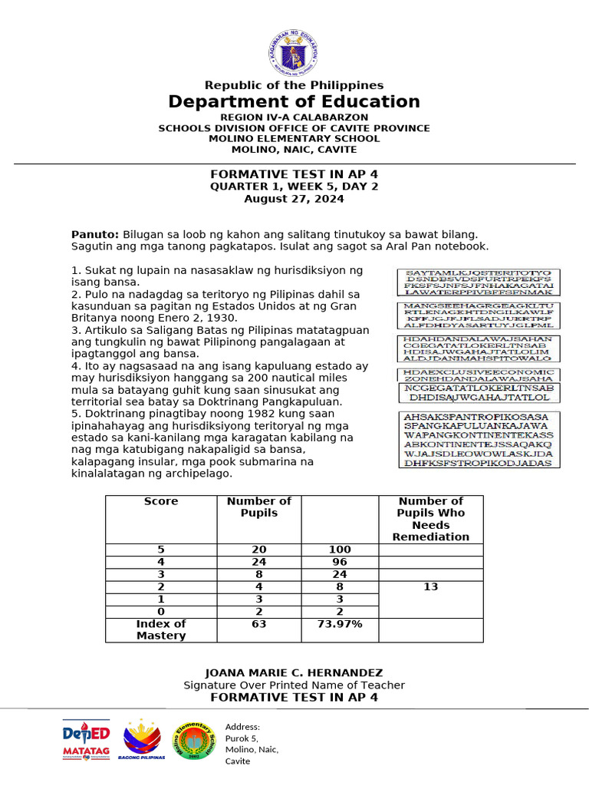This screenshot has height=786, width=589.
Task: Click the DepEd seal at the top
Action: point(294,52)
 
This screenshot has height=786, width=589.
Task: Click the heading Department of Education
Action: point(294,102)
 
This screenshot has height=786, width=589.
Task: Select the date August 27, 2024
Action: point(294,199)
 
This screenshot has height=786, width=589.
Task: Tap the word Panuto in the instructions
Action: point(94,233)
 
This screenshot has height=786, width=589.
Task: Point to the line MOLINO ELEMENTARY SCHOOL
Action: point(294,139)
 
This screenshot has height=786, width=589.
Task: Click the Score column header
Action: point(161,501)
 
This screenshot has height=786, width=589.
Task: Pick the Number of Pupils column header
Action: point(259,507)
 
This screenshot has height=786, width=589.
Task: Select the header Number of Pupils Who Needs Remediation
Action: point(430,519)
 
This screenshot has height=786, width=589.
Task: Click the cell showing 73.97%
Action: point(339,624)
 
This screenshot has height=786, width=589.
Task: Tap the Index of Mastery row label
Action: point(161,629)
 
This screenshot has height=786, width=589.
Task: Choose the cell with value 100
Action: point(339,550)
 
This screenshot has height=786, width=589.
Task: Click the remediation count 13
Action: point(430,586)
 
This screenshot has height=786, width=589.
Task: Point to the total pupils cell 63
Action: point(259,624)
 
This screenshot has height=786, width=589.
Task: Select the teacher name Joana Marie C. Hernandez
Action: point(294,672)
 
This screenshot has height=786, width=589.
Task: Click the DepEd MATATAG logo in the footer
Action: point(86,741)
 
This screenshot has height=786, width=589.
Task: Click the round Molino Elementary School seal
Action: point(197,741)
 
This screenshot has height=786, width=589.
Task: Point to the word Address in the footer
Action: point(242,727)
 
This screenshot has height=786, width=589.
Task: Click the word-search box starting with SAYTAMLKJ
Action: point(479,282)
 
